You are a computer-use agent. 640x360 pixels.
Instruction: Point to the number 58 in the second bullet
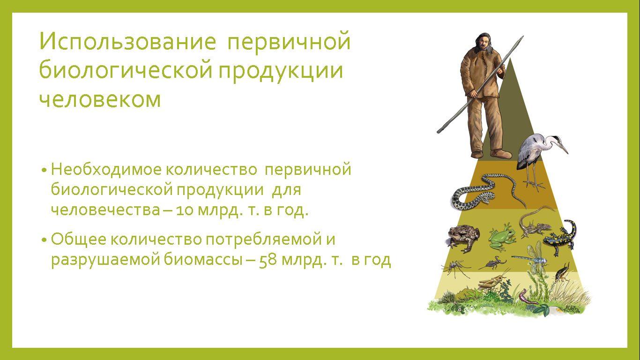268,260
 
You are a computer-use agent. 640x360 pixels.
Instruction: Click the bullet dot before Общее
44,240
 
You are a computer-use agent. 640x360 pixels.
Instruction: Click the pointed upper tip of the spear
523,37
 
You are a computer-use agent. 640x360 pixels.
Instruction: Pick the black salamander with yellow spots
560,237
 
